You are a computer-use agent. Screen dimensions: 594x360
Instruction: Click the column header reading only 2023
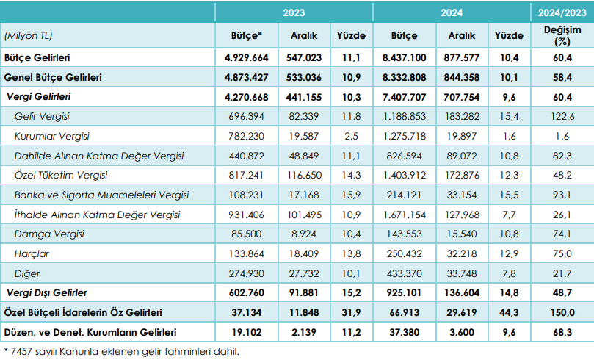tap(294, 13)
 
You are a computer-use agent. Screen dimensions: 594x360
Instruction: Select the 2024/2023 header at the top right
tap(562, 13)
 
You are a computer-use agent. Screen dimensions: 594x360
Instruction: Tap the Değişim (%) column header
tap(562, 35)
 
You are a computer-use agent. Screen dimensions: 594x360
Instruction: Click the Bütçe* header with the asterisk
tap(247, 35)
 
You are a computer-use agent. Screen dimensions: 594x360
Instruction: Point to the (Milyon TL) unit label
tap(28, 35)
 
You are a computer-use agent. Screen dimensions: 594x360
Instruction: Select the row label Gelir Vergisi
tap(42, 116)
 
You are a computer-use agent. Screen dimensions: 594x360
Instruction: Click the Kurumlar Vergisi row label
tap(52, 136)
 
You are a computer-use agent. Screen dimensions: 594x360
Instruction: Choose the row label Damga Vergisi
tap(49, 234)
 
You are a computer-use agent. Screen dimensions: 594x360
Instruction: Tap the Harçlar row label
tap(32, 253)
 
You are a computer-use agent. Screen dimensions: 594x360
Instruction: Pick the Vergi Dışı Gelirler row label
tap(47, 292)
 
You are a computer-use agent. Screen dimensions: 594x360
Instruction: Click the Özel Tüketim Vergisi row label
tap(61, 175)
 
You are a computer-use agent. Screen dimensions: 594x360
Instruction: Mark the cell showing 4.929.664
tap(246, 57)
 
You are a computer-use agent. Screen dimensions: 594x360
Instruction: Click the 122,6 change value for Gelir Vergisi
tap(562, 116)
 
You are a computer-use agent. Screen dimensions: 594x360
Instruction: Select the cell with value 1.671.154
tap(405, 215)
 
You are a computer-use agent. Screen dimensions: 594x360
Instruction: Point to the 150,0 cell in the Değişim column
tap(562, 313)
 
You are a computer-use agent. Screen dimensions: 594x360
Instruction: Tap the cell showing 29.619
tap(461, 313)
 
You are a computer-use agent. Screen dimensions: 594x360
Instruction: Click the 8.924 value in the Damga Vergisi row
tap(304, 234)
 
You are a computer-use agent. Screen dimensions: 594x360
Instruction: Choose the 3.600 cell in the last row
tap(461, 332)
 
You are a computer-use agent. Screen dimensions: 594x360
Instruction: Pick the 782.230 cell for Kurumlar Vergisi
tap(246, 136)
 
